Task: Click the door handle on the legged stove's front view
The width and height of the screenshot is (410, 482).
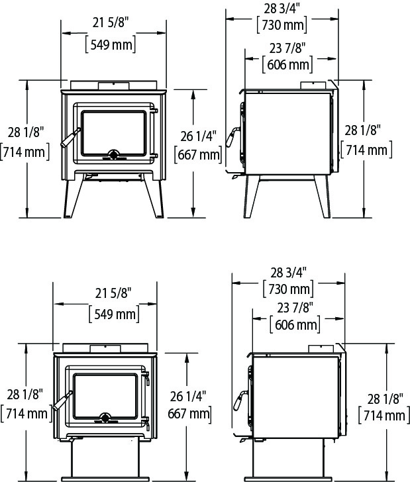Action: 70,139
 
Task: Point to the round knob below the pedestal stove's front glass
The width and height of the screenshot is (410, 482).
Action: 105,418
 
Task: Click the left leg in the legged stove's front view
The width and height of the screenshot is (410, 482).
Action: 70,195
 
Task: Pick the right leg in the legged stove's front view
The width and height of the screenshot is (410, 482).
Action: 156,195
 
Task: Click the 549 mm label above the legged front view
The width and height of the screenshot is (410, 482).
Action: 111,45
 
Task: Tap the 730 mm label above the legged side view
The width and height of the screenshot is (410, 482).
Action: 282,26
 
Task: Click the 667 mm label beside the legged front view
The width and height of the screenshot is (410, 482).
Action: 197,155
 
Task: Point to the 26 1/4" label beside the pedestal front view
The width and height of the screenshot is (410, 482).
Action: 188,398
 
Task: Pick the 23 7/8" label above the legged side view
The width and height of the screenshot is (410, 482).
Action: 287,47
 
